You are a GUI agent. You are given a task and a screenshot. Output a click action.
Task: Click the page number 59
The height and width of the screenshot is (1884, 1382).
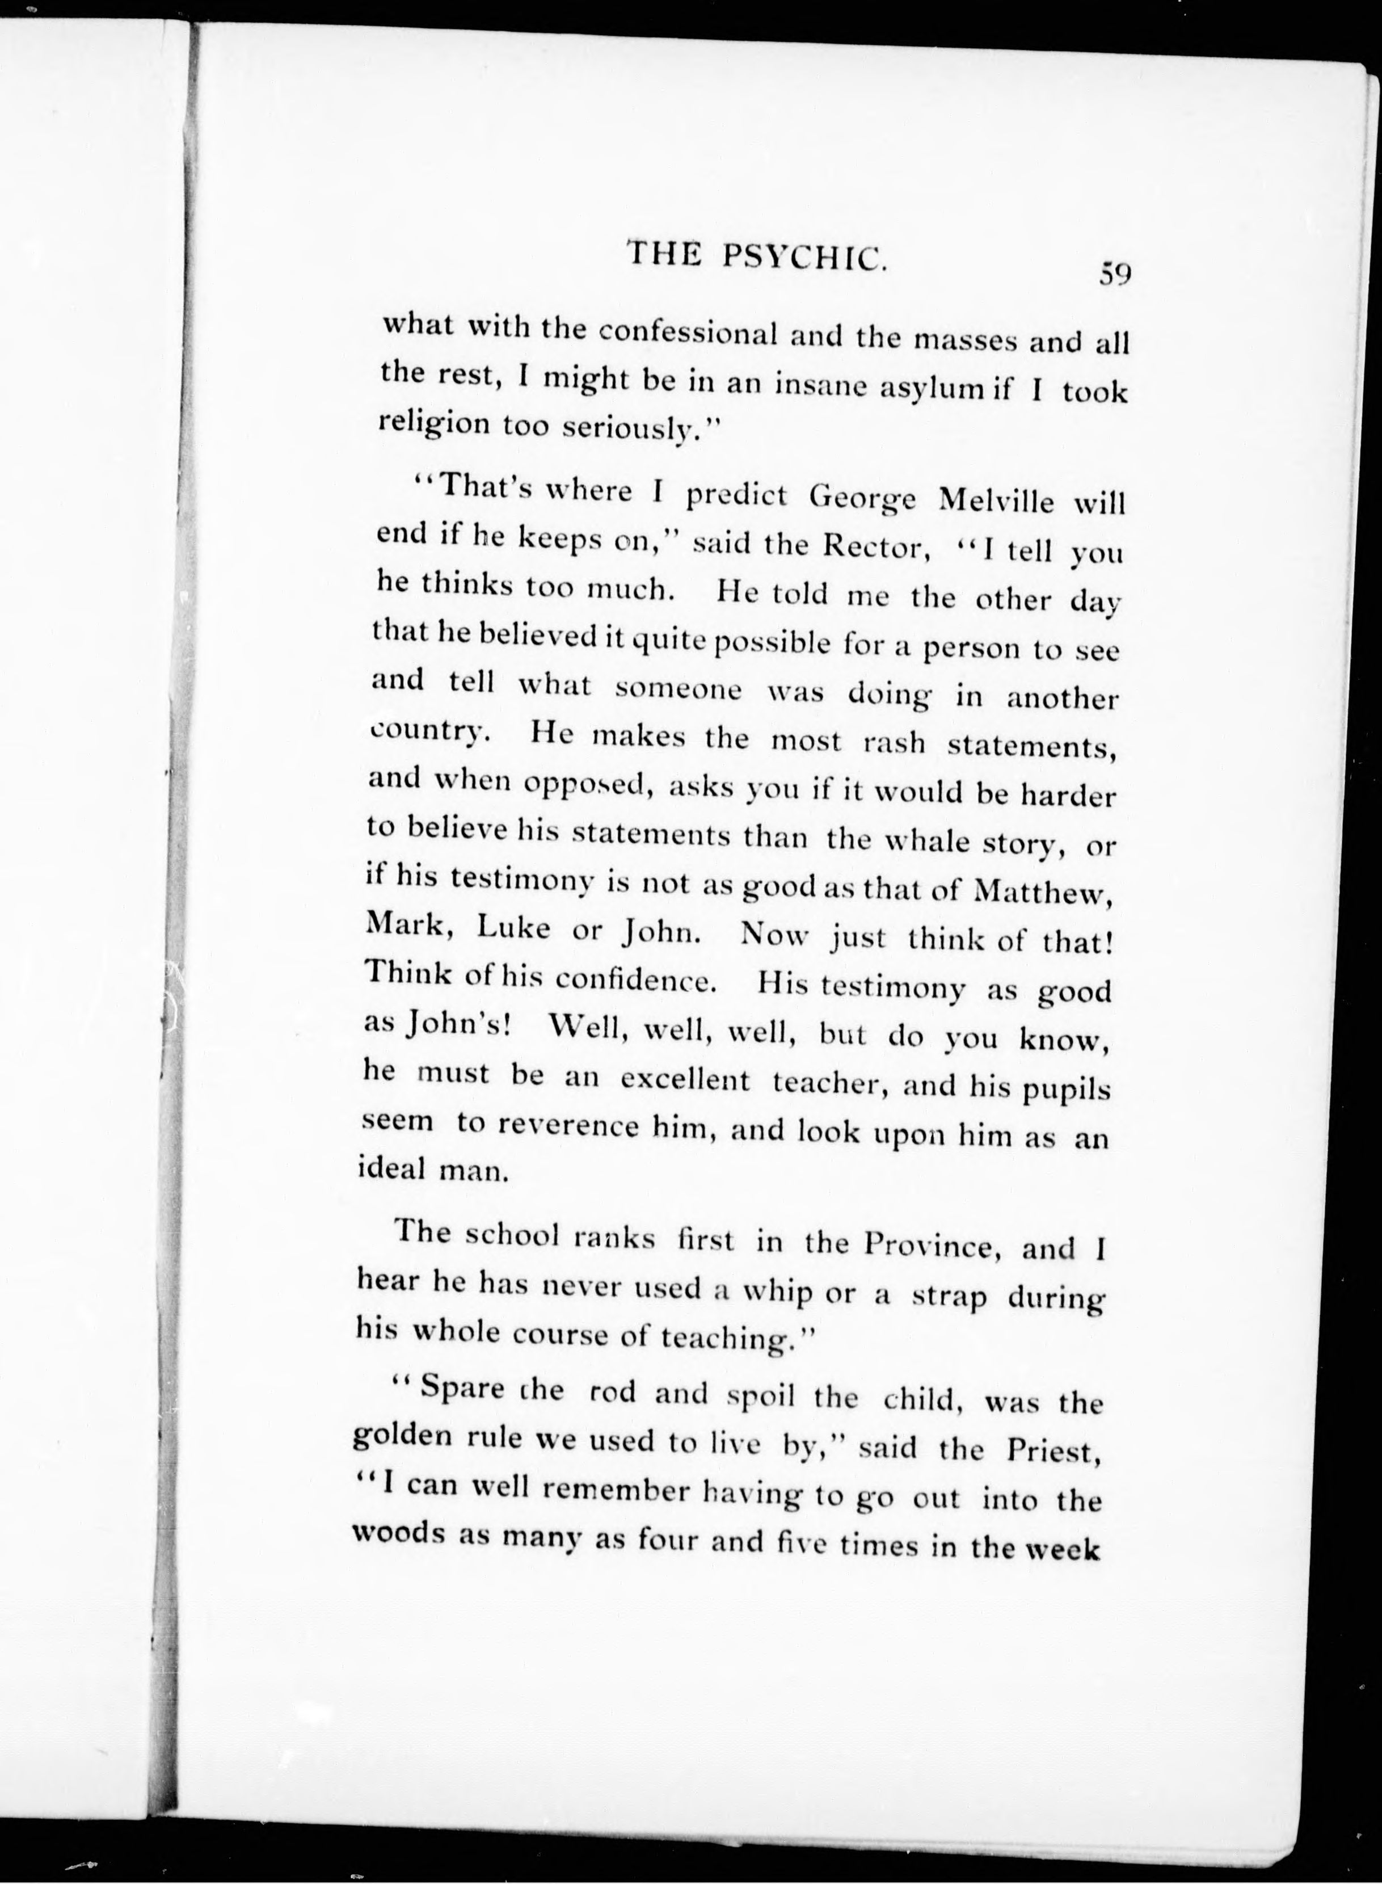point(1115,274)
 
